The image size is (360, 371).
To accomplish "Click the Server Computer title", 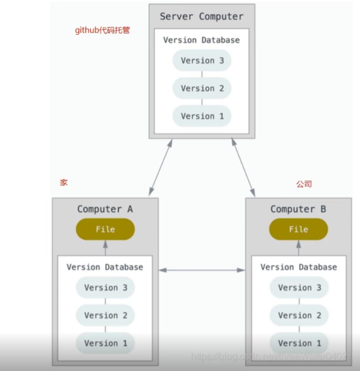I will pos(202,17).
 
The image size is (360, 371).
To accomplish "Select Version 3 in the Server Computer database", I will pos(202,61).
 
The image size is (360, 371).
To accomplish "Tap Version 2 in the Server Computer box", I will pos(202,88).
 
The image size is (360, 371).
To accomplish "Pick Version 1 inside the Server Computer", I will pos(202,116).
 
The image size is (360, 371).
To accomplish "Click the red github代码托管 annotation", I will pos(102,30).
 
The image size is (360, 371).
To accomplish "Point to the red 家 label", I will pos(64,182).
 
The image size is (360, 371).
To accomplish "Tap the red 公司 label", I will pos(304,184).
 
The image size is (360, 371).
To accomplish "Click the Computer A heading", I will pos(105,209).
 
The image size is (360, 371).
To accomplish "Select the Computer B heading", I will pos(298,209).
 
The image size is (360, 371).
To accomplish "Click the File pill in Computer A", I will pos(105,229).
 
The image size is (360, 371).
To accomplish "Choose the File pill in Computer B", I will pos(298,229).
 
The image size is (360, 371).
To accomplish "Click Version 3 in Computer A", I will pos(105,288).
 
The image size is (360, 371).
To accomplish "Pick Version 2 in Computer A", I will pos(105,316).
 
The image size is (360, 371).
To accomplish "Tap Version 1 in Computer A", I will pos(105,343).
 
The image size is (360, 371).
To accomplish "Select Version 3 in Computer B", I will pos(299,288).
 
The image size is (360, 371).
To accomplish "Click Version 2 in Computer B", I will pos(299,316).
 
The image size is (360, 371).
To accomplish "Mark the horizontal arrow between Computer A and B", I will pos(202,270).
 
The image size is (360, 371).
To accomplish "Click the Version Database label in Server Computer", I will pos(202,40).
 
